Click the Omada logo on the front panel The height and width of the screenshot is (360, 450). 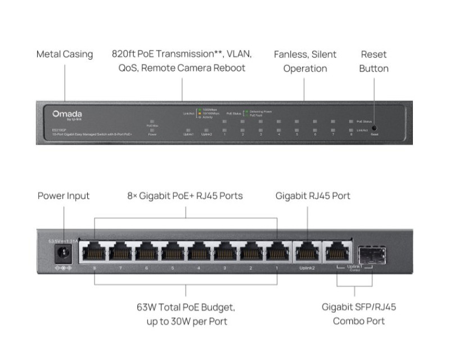67,114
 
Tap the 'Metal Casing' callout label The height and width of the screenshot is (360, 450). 65,55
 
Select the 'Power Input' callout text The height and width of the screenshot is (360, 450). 64,196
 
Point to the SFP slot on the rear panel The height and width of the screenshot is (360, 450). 371,251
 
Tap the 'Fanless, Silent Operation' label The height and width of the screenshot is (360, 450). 305,62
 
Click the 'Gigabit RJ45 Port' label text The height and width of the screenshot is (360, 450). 313,196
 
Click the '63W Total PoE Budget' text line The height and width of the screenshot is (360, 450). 186,308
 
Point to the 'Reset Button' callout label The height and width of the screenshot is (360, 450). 373,62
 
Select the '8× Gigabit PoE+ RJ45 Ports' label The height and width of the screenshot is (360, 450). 185,196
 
